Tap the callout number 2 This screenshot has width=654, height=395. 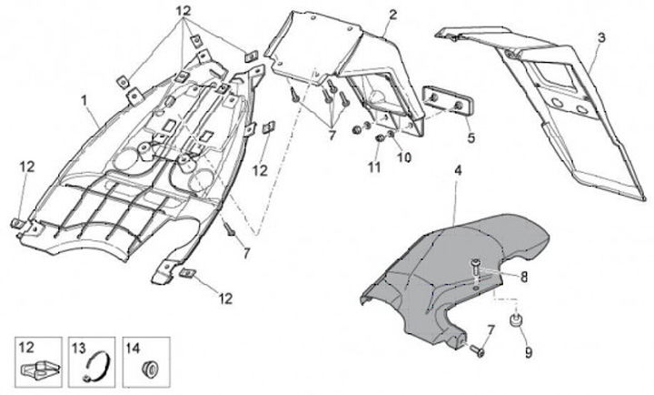(x=392, y=15)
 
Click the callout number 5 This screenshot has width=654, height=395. (x=471, y=139)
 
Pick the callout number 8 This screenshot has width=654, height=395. (x=523, y=277)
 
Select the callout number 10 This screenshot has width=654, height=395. (x=403, y=157)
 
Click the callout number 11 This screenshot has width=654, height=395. (x=374, y=167)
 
